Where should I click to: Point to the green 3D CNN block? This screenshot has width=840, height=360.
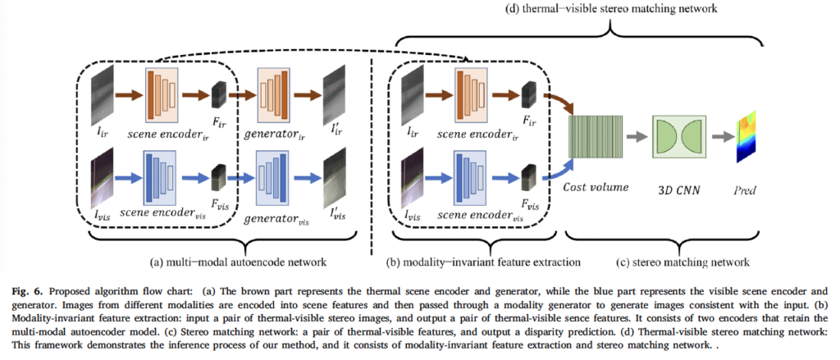point(678,135)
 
